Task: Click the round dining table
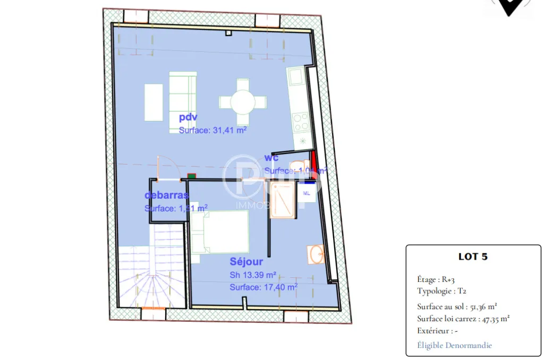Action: tap(243, 101)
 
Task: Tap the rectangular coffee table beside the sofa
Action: tap(154, 102)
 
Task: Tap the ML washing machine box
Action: tap(307, 193)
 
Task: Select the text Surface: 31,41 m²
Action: tap(212, 130)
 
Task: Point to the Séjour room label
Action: tap(246, 261)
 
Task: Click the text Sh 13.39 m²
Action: tap(253, 275)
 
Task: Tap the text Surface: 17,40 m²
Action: tap(263, 287)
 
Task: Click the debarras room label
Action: tap(167, 195)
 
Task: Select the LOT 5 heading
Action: tap(473, 256)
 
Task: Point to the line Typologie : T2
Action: tap(442, 291)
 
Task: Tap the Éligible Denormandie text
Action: tap(455, 345)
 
